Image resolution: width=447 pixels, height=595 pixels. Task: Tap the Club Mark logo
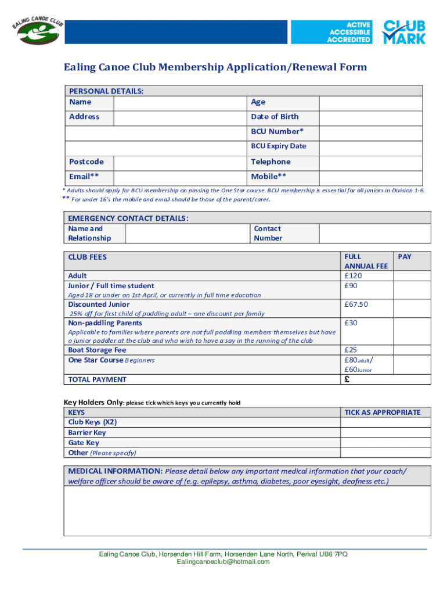pyautogui.click(x=403, y=32)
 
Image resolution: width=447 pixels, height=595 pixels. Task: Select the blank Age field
pyautogui.click(x=370, y=103)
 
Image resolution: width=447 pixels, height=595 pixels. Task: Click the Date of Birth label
pyautogui.click(x=275, y=117)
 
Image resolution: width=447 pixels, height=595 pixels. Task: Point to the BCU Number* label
pyautogui.click(x=277, y=131)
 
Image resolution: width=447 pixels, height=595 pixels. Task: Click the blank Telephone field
pyautogui.click(x=370, y=162)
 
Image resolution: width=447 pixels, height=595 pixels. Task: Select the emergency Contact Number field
pyautogui.click(x=374, y=234)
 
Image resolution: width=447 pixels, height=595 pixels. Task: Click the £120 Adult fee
pyautogui.click(x=353, y=276)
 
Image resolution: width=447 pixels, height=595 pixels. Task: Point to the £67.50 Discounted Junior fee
pyautogui.click(x=356, y=304)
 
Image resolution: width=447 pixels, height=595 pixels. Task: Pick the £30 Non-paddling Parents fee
pyautogui.click(x=351, y=323)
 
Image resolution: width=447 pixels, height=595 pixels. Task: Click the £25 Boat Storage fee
pyautogui.click(x=351, y=350)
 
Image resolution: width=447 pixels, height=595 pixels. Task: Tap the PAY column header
pyautogui.click(x=405, y=257)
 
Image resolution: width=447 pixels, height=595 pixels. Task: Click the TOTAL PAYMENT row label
pyautogui.click(x=97, y=379)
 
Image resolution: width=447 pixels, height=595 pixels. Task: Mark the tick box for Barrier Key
pyautogui.click(x=385, y=433)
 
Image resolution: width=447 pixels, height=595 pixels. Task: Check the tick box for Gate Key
pyautogui.click(x=385, y=443)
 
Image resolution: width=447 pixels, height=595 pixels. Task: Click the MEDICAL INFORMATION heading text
pyautogui.click(x=115, y=471)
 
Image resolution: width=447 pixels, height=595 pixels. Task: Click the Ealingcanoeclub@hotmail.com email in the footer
pyautogui.click(x=223, y=562)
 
